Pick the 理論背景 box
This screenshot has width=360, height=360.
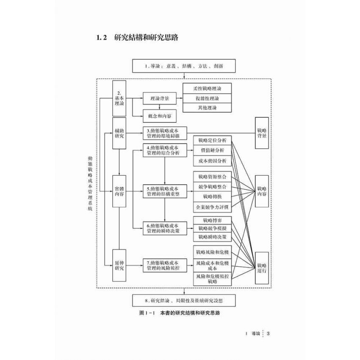click(159, 99)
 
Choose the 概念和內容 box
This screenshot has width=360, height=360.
click(159, 116)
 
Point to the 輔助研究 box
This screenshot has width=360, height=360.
click(119, 133)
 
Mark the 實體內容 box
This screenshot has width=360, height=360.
click(119, 192)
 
